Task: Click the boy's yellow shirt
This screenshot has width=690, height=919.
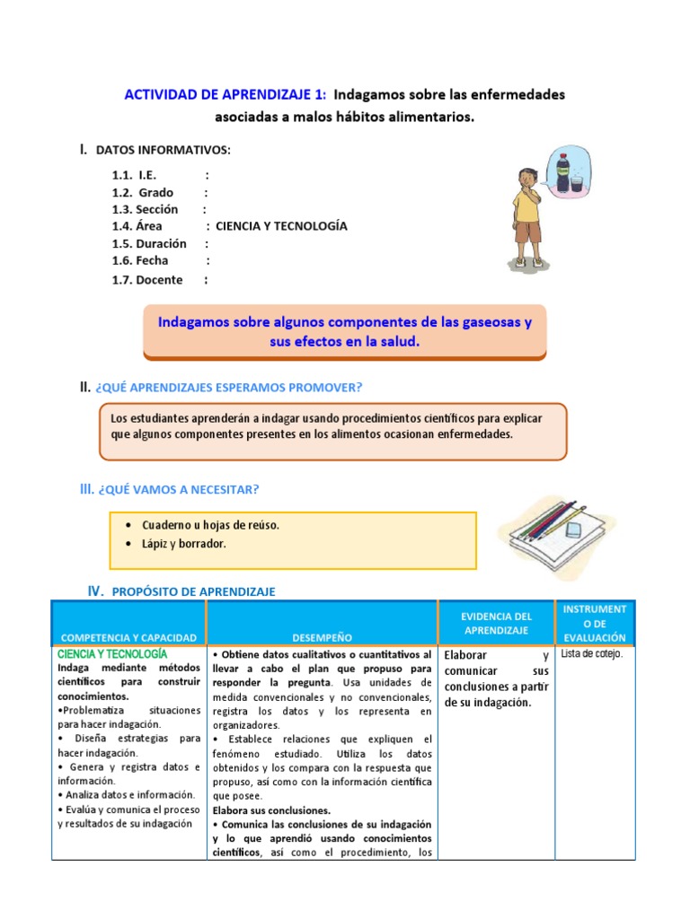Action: (x=525, y=206)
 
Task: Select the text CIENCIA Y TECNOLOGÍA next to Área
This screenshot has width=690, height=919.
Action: (x=281, y=226)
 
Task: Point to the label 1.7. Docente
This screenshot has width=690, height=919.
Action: (x=147, y=280)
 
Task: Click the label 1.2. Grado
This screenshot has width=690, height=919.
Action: (x=143, y=192)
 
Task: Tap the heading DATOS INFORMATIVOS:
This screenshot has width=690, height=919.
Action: (x=163, y=150)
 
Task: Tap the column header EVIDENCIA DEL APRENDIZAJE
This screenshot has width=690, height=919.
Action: (x=497, y=624)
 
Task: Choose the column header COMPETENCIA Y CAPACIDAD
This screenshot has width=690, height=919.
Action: (x=128, y=637)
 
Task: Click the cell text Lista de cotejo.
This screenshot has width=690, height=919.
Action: (x=591, y=653)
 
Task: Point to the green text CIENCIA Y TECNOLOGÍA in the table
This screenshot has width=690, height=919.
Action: (x=112, y=654)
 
